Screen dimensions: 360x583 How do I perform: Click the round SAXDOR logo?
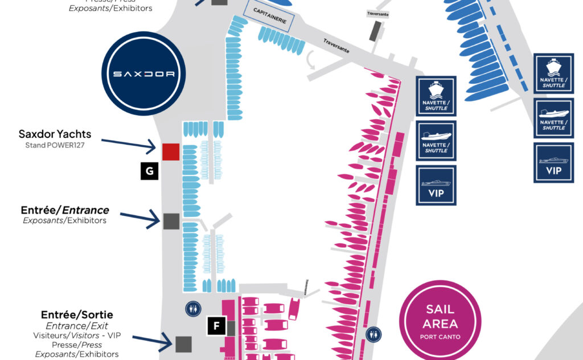(145, 74)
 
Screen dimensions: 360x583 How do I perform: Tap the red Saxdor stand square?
(171, 152)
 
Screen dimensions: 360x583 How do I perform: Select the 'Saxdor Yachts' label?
(55, 134)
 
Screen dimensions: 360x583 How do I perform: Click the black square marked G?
(149, 171)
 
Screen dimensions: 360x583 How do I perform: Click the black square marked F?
(216, 326)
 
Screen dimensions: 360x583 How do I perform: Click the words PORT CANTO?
(440, 336)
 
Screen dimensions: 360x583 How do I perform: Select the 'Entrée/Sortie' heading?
(77, 314)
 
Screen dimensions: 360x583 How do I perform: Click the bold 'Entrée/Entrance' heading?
(64, 210)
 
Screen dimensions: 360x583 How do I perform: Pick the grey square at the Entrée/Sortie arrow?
(183, 344)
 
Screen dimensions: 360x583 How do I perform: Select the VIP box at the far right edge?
(553, 163)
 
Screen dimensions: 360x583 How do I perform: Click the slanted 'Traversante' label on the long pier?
(336, 46)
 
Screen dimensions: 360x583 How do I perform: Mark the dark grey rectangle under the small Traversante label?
(375, 31)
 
